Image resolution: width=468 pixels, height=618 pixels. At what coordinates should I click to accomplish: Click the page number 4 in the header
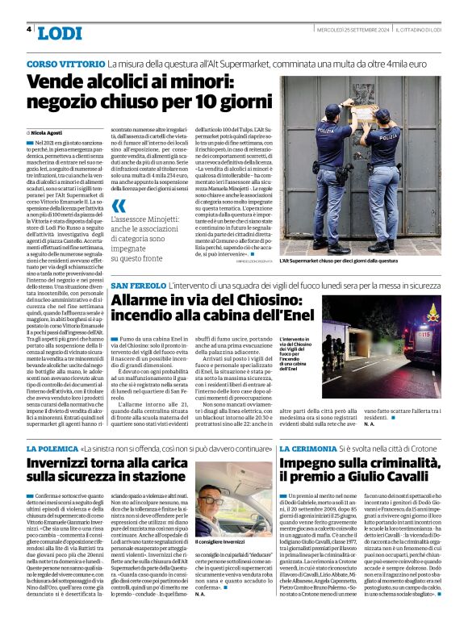click(x=29, y=29)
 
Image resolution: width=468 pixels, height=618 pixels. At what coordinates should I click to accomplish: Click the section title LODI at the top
click(x=60, y=31)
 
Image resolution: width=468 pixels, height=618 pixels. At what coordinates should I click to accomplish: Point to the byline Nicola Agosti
click(x=48, y=131)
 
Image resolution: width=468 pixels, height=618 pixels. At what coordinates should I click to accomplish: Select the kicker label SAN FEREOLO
click(x=138, y=286)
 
